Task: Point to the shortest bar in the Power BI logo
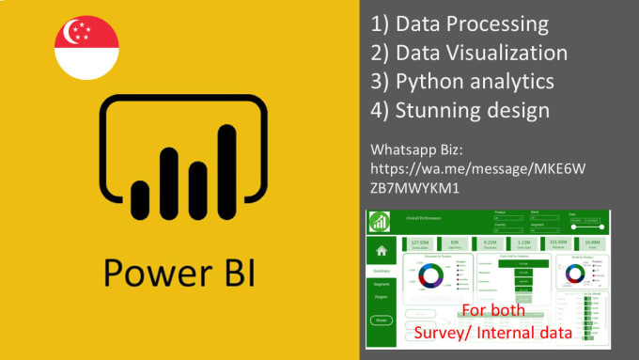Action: pyautogui.click(x=140, y=194)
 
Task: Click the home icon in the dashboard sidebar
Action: pyautogui.click(x=382, y=251)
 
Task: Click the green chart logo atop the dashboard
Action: pyautogui.click(x=382, y=223)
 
